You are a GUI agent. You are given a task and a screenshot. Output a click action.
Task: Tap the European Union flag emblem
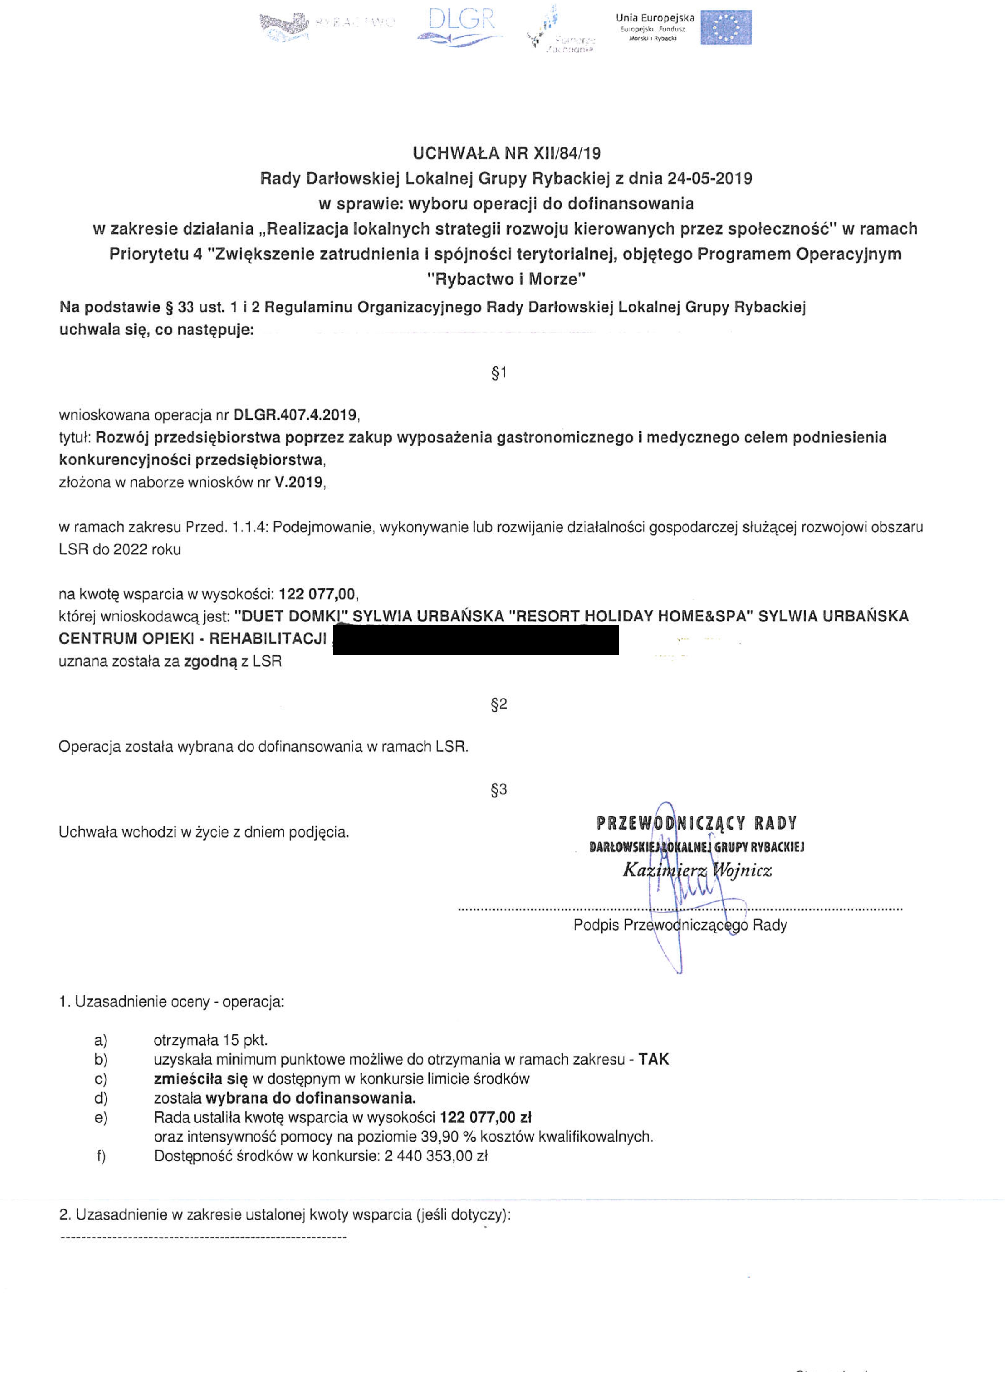(x=725, y=27)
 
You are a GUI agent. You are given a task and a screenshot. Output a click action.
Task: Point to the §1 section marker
(x=499, y=373)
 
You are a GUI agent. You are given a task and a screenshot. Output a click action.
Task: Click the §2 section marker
(x=499, y=704)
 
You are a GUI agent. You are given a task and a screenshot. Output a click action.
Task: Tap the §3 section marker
(x=499, y=790)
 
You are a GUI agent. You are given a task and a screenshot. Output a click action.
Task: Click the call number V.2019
(x=299, y=482)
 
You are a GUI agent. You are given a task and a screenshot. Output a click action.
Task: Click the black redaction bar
(x=475, y=640)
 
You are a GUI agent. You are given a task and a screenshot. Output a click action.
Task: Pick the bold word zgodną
(x=210, y=661)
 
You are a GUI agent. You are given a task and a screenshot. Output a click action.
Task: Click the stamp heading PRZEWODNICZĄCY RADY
(x=696, y=823)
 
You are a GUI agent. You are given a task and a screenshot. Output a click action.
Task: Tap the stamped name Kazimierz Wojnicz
(x=697, y=870)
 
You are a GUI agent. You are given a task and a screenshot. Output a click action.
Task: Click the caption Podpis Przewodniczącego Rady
(x=680, y=925)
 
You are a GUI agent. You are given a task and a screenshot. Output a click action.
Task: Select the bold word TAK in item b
(x=653, y=1060)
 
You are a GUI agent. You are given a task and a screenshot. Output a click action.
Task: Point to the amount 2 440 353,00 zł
(x=436, y=1157)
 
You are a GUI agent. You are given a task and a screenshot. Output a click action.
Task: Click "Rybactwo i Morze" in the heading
(x=506, y=280)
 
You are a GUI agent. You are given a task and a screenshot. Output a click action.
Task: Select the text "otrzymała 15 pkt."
(x=210, y=1040)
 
